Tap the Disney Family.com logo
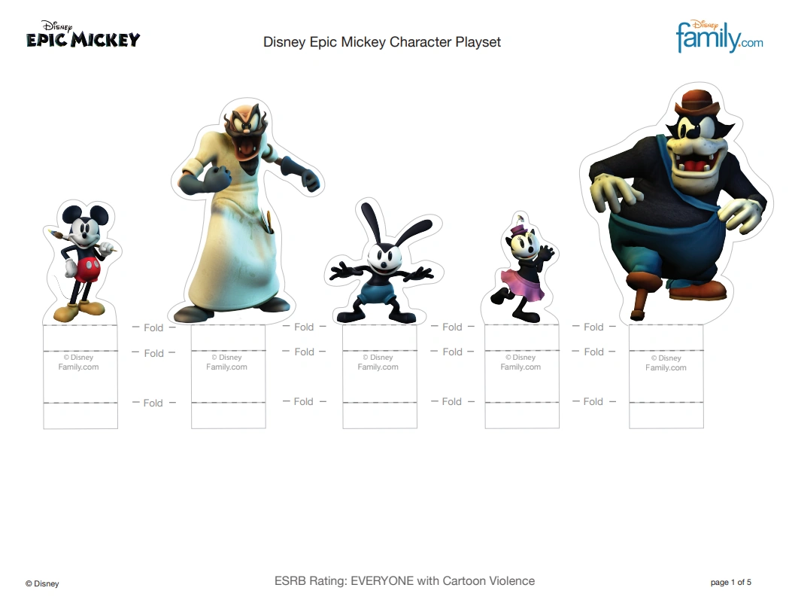(719, 36)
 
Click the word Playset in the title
(478, 42)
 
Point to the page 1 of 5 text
(730, 582)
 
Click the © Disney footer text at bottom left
(41, 583)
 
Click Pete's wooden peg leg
(640, 301)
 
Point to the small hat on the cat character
(518, 224)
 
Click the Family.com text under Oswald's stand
(378, 367)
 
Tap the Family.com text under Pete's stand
(666, 368)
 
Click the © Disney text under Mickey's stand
(78, 358)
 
